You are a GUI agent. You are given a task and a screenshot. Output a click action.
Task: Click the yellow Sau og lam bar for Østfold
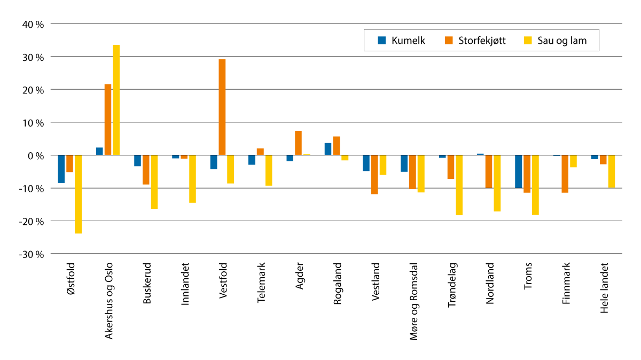[x=78, y=194]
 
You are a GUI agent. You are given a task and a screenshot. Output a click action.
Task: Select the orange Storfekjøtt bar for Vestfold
[x=222, y=107]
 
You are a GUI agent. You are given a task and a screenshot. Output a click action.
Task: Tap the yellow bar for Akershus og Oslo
[x=116, y=100]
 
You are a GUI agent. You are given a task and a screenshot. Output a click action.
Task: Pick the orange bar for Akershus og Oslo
[x=108, y=120]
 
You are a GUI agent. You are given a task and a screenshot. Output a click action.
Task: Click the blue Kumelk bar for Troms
[x=518, y=171]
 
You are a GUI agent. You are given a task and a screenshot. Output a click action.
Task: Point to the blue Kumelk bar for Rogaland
[x=328, y=149]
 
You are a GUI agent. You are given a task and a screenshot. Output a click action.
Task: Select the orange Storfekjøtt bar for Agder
[x=298, y=143]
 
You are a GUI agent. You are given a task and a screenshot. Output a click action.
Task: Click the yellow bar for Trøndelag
[x=459, y=185]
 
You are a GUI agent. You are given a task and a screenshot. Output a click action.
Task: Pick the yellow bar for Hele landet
[x=612, y=171]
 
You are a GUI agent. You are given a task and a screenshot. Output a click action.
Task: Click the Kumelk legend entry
[x=402, y=40]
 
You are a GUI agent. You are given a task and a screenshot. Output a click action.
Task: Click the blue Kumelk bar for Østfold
[x=61, y=169]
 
